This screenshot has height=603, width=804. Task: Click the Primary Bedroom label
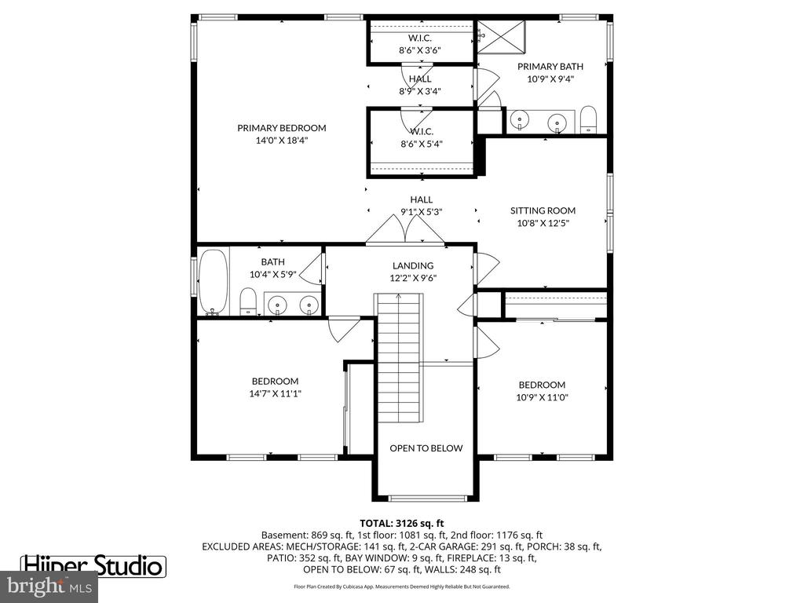[x=282, y=128]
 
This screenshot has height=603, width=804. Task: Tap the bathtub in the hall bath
[x=214, y=282]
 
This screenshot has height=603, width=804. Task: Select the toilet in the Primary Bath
[x=588, y=119]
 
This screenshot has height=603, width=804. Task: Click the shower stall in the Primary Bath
[x=502, y=36]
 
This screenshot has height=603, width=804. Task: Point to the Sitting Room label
[x=543, y=210]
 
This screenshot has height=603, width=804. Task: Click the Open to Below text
[x=426, y=448]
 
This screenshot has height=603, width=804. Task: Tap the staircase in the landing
[x=399, y=357]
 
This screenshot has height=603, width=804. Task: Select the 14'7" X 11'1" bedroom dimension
[x=275, y=394]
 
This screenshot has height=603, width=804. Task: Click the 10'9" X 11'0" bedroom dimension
[x=542, y=397]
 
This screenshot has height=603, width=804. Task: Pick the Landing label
[x=413, y=265]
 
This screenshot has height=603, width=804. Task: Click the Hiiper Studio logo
[x=93, y=566]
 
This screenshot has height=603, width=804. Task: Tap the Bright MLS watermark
[x=49, y=586]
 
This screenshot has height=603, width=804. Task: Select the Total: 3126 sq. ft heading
[x=401, y=524]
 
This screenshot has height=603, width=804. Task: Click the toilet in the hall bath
[x=248, y=301]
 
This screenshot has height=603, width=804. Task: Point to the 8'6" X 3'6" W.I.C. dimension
[x=420, y=50]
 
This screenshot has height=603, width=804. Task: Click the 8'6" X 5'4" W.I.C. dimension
[x=422, y=144]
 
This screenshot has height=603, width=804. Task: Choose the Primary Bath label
[x=550, y=66]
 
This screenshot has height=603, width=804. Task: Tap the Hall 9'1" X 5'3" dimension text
[x=421, y=211]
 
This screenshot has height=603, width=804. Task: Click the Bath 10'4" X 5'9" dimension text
[x=272, y=274]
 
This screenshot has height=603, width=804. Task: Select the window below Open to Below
[x=427, y=499]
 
